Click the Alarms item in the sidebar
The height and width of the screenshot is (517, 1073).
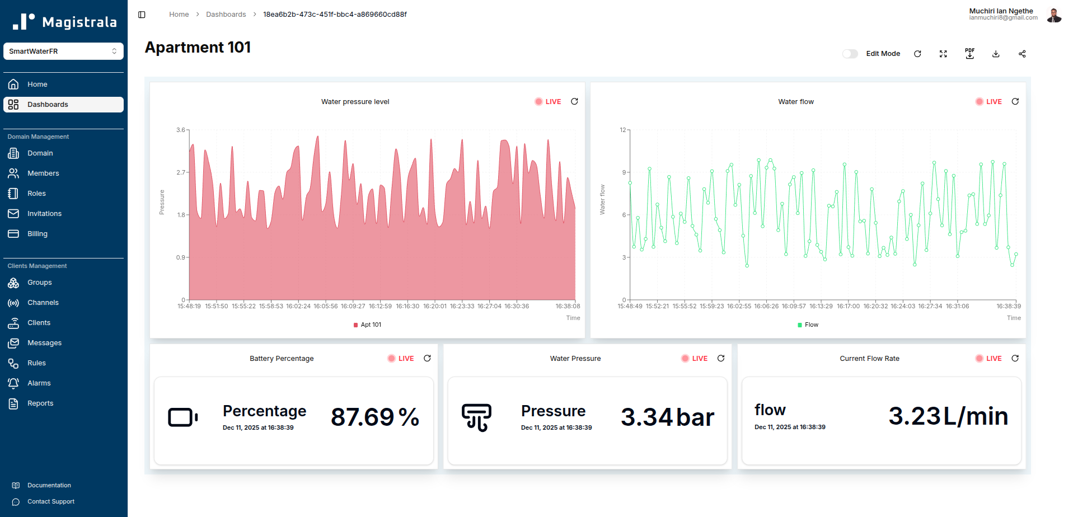click(x=39, y=383)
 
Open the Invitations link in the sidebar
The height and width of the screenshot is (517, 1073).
click(x=44, y=214)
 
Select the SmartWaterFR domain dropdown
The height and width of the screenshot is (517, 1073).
click(x=63, y=51)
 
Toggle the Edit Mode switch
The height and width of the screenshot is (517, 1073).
click(x=850, y=54)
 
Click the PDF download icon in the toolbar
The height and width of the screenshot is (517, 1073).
click(x=969, y=54)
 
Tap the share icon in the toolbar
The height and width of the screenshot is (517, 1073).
click(x=1022, y=54)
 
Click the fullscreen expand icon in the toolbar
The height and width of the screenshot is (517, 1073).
click(x=943, y=54)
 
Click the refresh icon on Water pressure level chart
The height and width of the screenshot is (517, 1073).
click(x=574, y=101)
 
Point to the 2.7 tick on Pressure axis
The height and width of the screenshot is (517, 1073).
click(x=181, y=172)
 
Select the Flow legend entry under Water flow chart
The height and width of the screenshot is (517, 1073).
click(x=808, y=325)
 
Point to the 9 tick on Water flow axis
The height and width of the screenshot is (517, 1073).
click(x=624, y=172)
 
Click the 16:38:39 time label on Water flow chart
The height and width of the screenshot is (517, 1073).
click(x=1008, y=306)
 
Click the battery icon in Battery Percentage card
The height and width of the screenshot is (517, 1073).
click(x=182, y=417)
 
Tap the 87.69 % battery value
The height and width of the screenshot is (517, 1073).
click(x=374, y=417)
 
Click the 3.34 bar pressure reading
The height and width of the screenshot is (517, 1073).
click(x=667, y=417)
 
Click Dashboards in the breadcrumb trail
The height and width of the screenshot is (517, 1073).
click(x=226, y=15)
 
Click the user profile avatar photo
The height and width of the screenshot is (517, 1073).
click(x=1054, y=15)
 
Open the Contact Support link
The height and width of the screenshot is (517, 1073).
click(x=50, y=502)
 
